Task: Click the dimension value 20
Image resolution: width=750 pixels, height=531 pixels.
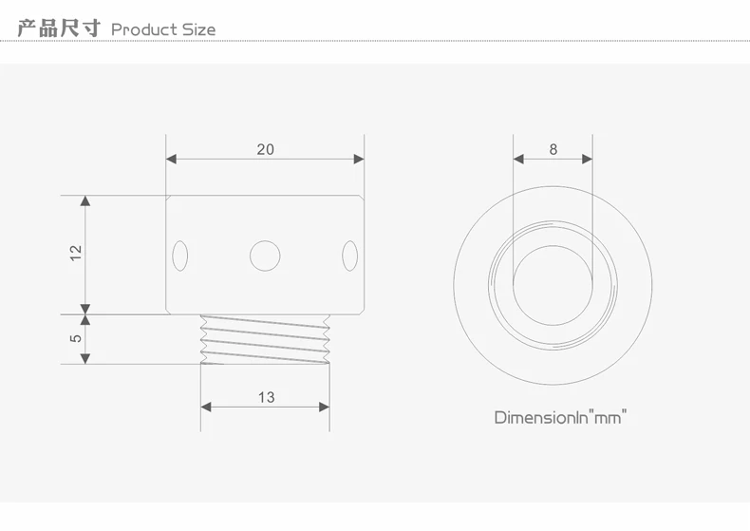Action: [x=266, y=149]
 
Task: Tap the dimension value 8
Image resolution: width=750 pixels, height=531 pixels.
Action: [x=553, y=150]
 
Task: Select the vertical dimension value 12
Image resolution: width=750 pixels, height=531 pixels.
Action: [x=76, y=253]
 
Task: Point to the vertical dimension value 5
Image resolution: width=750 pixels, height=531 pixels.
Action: [x=76, y=338]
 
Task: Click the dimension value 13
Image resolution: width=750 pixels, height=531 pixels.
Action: [x=267, y=397]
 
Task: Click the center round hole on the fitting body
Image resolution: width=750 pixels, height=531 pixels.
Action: [x=265, y=256]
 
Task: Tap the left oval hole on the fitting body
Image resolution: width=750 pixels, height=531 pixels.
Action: [x=179, y=256]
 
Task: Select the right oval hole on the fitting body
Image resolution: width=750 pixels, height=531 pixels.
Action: [x=349, y=256]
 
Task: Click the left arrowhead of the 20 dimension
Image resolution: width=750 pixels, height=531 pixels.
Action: [x=171, y=159]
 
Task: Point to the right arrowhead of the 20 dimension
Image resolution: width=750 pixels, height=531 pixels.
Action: [x=359, y=159]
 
